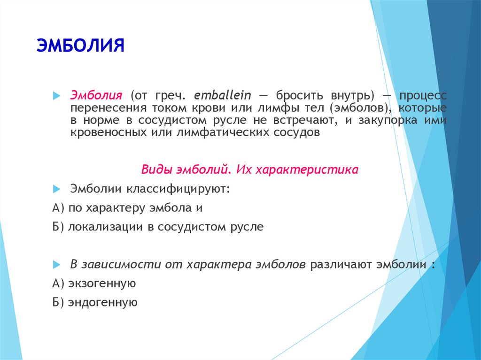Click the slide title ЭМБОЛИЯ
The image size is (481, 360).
point(80,46)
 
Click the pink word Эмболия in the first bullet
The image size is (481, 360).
point(96,95)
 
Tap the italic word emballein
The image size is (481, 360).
point(222,95)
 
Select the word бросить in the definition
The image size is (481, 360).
point(299,96)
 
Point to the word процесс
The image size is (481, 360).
point(423,96)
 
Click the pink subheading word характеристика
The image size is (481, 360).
point(307,169)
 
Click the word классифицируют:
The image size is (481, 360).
point(178,189)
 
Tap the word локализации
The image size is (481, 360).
point(106,227)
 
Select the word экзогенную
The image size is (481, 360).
point(102,283)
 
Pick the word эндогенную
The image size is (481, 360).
point(102,302)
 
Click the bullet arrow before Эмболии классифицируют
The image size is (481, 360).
point(56,189)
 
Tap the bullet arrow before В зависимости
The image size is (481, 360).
point(56,265)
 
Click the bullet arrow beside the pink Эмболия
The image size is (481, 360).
point(56,96)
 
